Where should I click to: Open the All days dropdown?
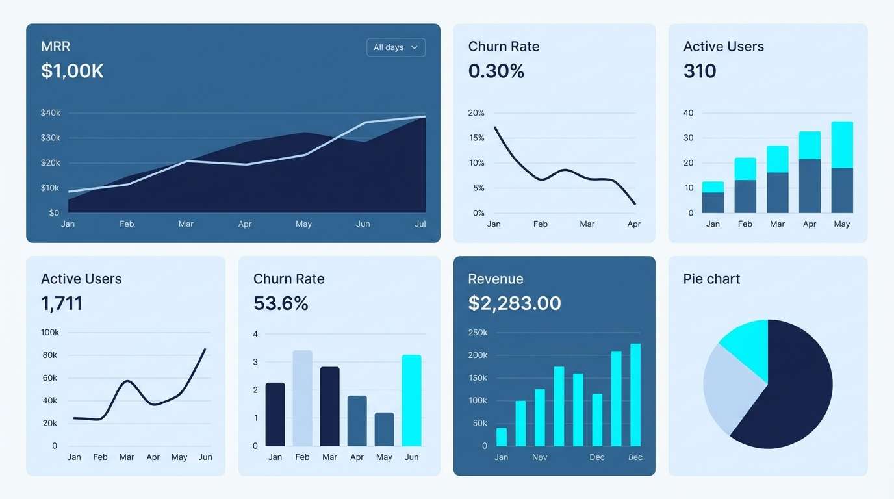tap(396, 47)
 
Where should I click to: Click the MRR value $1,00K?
tap(72, 71)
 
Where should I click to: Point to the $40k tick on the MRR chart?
tap(50, 113)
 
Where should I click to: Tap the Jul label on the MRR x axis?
tap(420, 224)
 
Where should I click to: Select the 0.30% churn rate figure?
tap(496, 71)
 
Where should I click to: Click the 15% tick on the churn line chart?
tap(476, 138)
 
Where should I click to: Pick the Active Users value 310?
tap(700, 71)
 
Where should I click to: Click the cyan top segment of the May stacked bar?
tap(842, 144)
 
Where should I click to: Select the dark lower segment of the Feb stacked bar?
tap(745, 196)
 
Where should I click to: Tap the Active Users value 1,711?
tap(62, 303)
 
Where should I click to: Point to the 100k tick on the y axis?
tap(50, 333)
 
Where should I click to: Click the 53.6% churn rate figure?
tap(281, 303)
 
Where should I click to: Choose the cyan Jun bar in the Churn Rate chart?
tap(411, 400)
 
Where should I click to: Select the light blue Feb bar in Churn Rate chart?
tap(302, 398)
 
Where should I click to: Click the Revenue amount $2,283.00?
tap(514, 303)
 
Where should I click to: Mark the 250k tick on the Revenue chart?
tap(478, 333)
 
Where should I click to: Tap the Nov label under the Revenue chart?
tap(540, 457)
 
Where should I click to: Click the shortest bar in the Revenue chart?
tap(502, 437)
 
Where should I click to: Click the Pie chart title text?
tap(711, 279)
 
